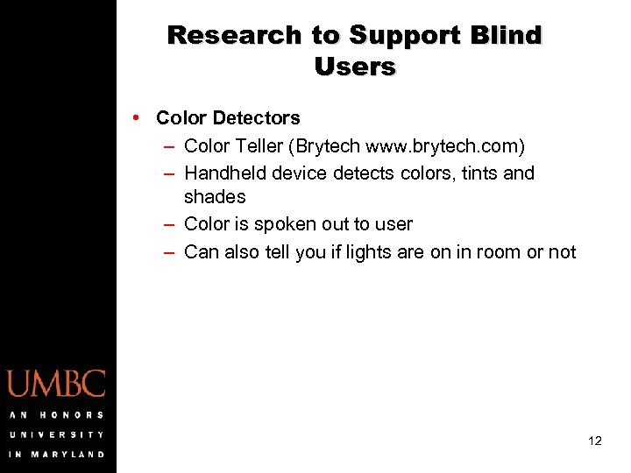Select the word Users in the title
click(355, 67)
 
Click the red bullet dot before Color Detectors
click(138, 117)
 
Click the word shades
click(215, 197)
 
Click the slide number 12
click(595, 441)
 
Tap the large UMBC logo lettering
click(57, 385)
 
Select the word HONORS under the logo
click(70, 414)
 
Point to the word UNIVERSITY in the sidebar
click(57, 434)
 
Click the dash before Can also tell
click(167, 252)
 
